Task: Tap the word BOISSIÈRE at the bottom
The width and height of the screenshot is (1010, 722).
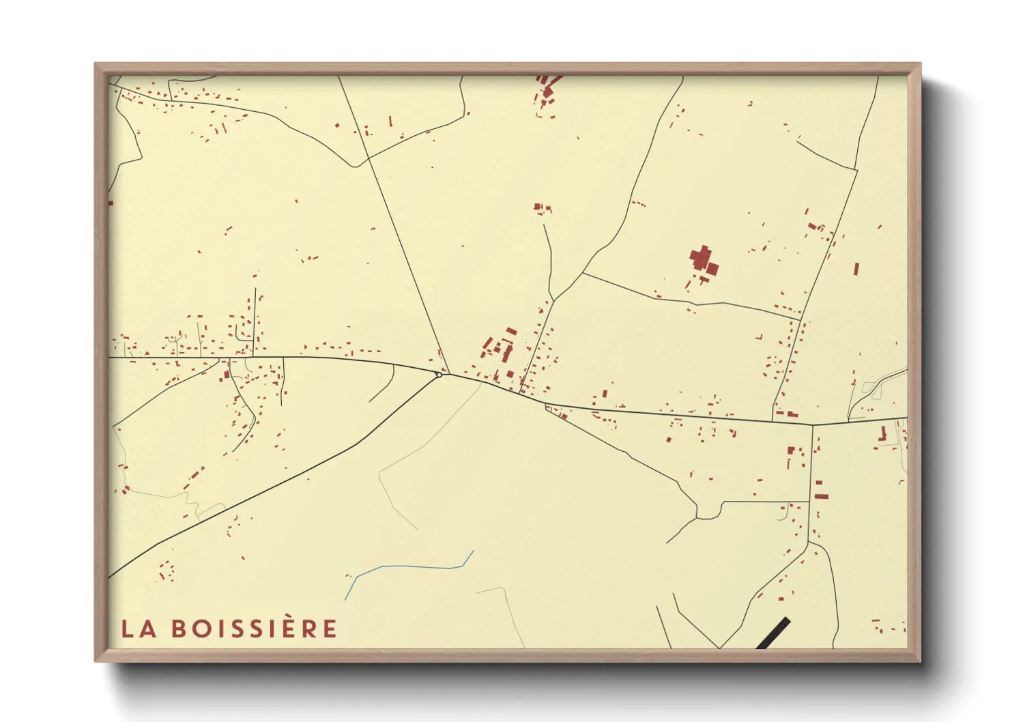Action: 254,629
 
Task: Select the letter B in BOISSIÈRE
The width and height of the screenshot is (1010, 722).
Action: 179,629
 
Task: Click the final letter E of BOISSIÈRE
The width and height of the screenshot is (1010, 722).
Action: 330,629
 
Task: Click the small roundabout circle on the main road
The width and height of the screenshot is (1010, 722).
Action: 439,374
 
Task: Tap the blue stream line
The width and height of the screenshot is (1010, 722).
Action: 409,567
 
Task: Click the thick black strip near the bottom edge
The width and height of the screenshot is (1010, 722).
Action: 773,633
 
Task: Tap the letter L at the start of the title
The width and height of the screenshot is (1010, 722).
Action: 127,629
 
